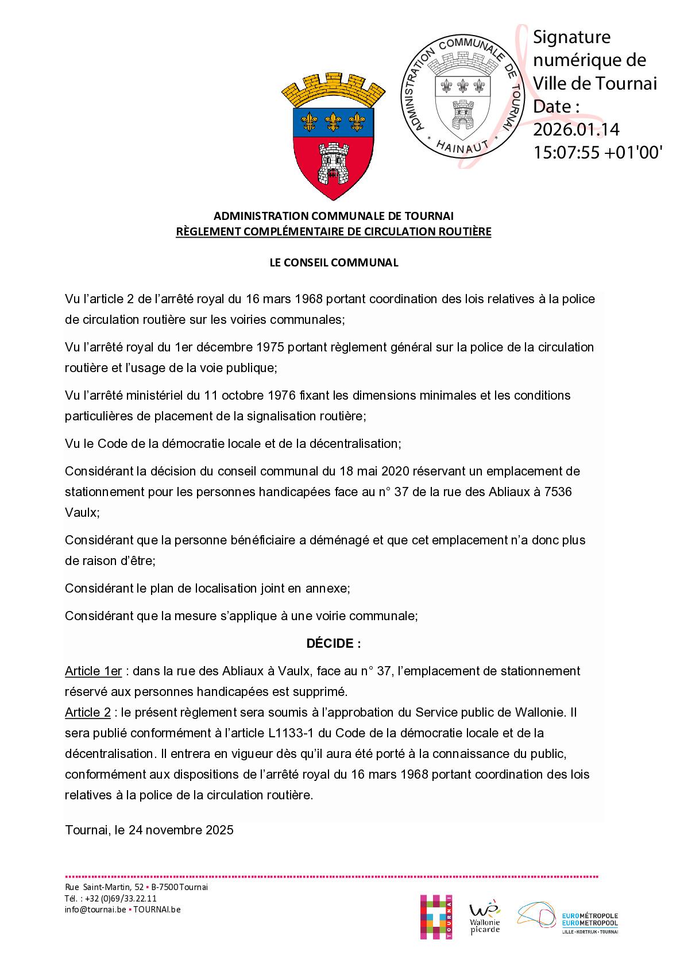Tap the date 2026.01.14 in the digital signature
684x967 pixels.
576,129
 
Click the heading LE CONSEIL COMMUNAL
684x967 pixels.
334,262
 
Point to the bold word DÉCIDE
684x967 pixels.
333,643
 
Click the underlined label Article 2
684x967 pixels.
87,712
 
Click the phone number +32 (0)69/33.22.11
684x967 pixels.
120,899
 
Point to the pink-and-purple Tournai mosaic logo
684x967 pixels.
436,917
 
